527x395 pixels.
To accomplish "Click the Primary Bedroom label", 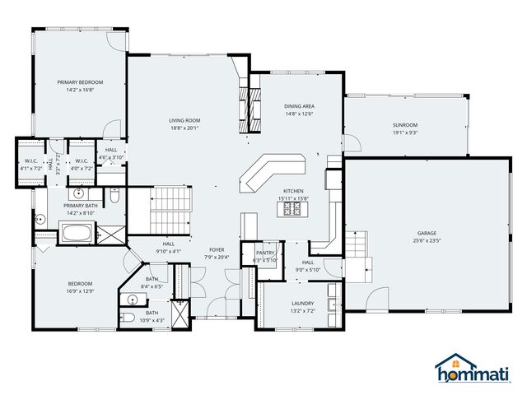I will click(x=80, y=82).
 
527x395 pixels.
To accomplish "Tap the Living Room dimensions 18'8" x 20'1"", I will click(x=185, y=128).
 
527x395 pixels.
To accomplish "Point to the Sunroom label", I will click(x=405, y=124).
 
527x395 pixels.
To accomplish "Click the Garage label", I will click(x=426, y=234).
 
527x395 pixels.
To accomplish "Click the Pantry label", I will click(x=265, y=253).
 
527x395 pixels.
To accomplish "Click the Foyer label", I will click(x=217, y=249).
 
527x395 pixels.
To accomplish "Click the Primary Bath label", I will click(x=80, y=205).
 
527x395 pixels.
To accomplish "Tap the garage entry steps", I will click(x=356, y=243).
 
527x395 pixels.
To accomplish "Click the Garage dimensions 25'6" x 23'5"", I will click(x=426, y=242).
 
